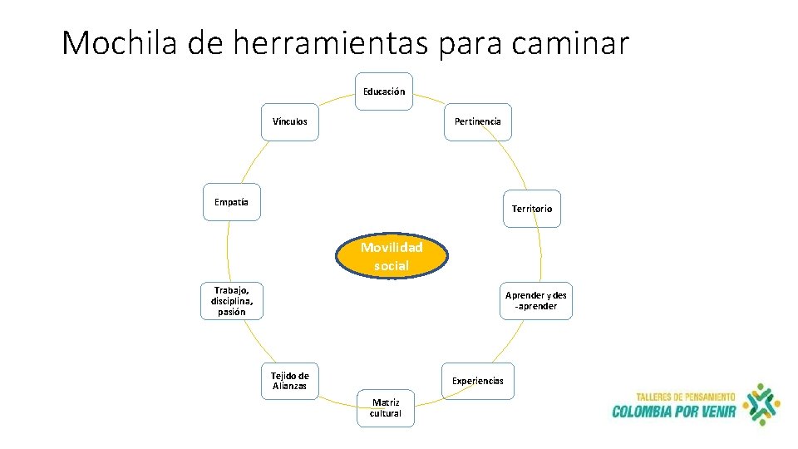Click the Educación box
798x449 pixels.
(384, 91)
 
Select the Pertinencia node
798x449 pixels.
(478, 121)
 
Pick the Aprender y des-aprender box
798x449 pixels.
(536, 301)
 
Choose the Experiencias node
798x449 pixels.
(478, 381)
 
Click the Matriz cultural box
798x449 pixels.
(385, 408)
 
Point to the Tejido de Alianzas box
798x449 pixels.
(289, 381)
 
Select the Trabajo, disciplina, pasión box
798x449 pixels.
(232, 301)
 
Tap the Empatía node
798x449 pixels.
(232, 202)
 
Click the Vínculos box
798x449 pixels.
(289, 121)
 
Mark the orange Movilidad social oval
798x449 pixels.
(392, 256)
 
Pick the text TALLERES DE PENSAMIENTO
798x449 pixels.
(685, 397)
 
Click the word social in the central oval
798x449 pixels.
(392, 266)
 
